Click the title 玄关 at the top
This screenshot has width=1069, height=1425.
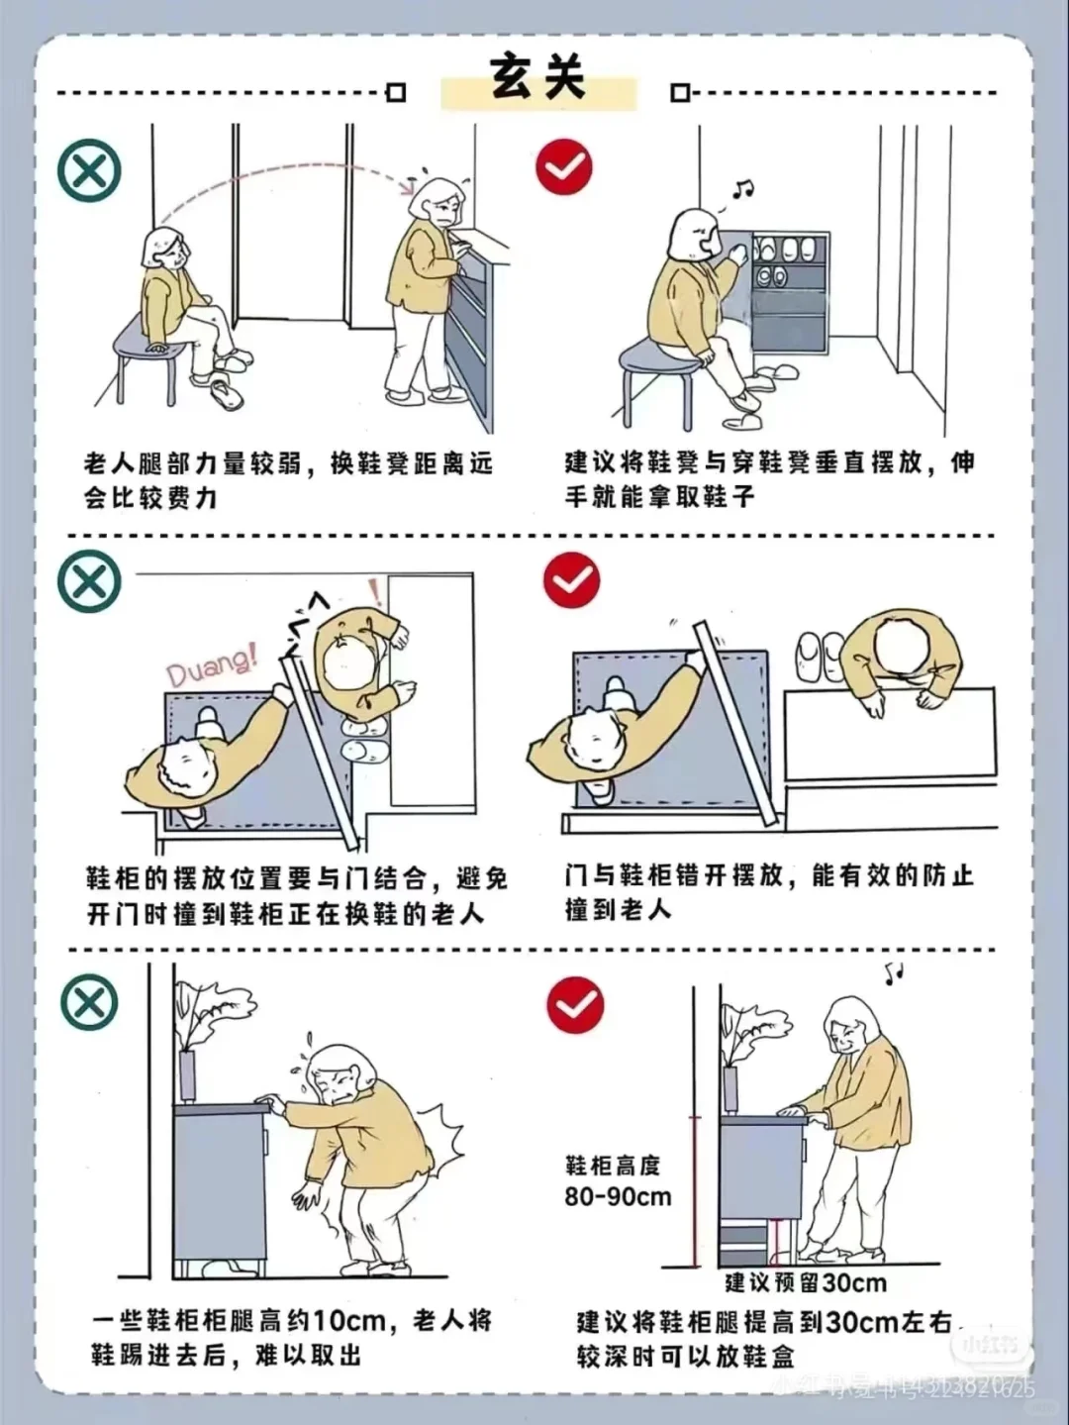click(x=537, y=77)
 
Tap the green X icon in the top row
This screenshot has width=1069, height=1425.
click(x=90, y=169)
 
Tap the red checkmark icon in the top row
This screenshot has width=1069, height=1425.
click(x=564, y=166)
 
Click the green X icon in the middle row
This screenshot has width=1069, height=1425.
click(x=90, y=580)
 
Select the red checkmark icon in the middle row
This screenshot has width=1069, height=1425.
click(x=571, y=579)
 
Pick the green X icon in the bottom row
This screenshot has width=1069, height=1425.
click(x=90, y=1002)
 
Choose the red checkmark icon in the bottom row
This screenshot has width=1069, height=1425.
click(x=575, y=1005)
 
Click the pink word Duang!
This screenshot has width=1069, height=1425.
click(x=211, y=662)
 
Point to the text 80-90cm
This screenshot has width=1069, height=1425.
click(x=618, y=1196)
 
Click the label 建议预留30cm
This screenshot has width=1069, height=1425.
click(x=805, y=1282)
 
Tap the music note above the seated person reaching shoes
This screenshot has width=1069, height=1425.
click(x=741, y=190)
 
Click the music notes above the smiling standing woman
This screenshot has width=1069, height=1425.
click(x=894, y=972)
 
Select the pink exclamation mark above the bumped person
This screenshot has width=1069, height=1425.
click(x=374, y=592)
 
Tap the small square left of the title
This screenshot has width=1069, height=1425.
click(x=396, y=93)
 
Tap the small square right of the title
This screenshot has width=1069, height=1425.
click(x=679, y=93)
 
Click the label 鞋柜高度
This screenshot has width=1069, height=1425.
click(x=612, y=1165)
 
